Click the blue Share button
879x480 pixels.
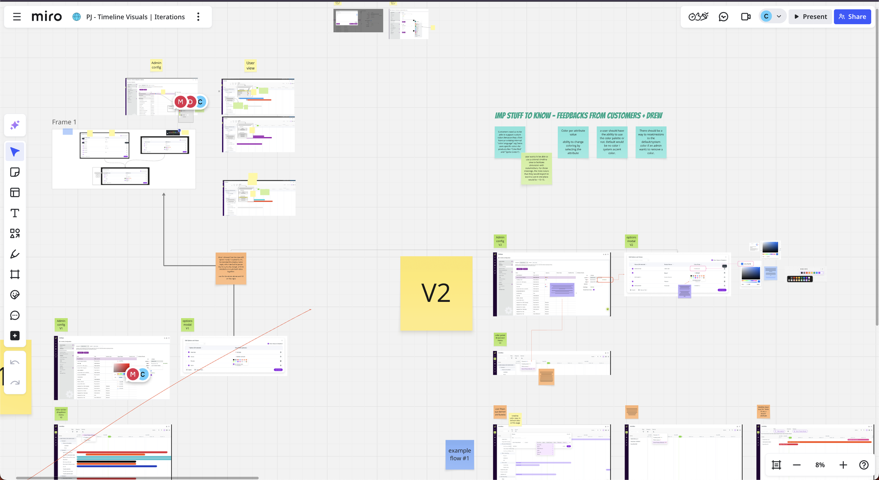pos(852,17)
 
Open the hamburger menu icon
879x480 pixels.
pos(17,17)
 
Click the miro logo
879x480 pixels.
pos(47,17)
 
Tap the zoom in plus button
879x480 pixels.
pos(843,465)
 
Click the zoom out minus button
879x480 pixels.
pos(797,465)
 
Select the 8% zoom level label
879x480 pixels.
pos(820,465)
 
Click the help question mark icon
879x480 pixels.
pos(864,465)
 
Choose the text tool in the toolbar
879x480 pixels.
pos(15,213)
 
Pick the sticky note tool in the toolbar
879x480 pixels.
pos(15,172)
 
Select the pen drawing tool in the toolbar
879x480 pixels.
pos(15,254)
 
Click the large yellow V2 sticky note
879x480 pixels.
pos(436,293)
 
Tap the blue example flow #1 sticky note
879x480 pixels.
pos(460,454)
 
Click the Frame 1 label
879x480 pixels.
pos(64,122)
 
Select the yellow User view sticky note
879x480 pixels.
pos(250,66)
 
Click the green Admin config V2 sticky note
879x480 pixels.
pos(500,241)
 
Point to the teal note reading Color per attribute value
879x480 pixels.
pos(573,142)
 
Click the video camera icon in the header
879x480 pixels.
pos(745,17)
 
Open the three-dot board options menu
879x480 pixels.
pos(198,17)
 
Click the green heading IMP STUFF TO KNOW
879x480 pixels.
pos(578,116)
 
